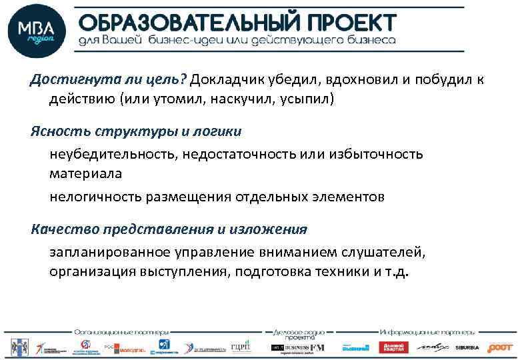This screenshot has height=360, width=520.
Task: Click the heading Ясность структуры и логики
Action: [135, 131]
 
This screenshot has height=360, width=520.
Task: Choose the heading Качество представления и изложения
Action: [169, 229]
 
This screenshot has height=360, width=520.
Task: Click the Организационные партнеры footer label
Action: [121, 331]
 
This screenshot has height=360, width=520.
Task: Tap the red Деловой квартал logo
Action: [393, 347]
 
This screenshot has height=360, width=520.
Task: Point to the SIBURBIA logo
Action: [467, 347]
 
